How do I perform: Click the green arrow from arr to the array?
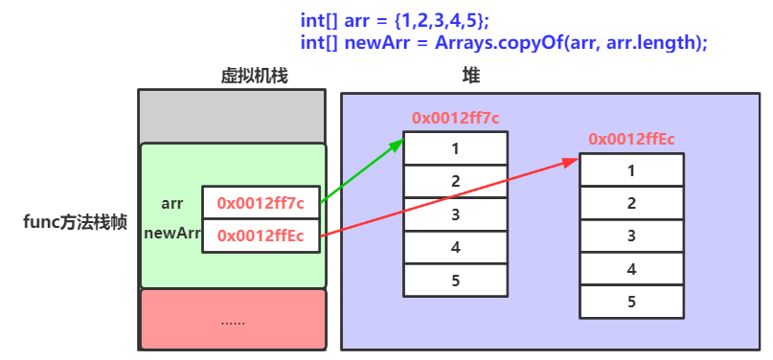coord(361,172)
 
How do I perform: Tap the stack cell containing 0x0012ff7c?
coord(261,203)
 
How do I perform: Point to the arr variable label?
coord(172,203)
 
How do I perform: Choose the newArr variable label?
coord(171,233)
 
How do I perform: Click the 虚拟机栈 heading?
coord(255,75)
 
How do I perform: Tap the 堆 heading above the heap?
coord(471,75)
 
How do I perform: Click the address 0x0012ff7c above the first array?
coord(456,118)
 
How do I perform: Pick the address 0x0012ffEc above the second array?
coord(632,139)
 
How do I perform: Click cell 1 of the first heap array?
coord(455,148)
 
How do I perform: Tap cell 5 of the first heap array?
coord(455,280)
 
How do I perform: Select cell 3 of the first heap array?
coord(455,214)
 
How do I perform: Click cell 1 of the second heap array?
coord(631,170)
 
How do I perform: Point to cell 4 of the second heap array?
coord(631,269)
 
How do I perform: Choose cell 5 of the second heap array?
coord(631,302)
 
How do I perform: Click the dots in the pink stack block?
coord(233,322)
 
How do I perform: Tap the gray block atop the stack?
coord(233,116)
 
